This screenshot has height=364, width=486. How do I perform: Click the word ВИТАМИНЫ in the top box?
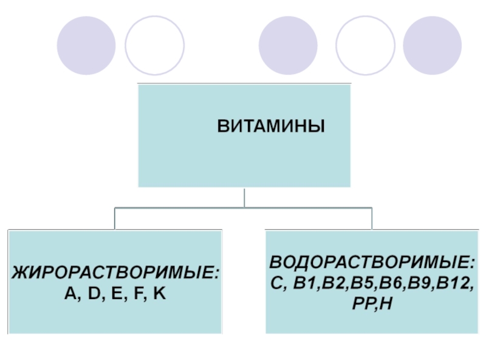[x=272, y=127]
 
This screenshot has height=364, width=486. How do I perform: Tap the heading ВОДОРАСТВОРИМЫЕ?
[x=372, y=264]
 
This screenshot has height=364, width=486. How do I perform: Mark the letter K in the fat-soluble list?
[x=159, y=294]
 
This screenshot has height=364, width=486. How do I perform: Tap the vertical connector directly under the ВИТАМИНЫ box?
[x=244, y=197]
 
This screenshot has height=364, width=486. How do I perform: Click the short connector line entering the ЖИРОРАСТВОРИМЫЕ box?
[x=115, y=218]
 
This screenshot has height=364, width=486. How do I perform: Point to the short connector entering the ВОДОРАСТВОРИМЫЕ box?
[x=372, y=218]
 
